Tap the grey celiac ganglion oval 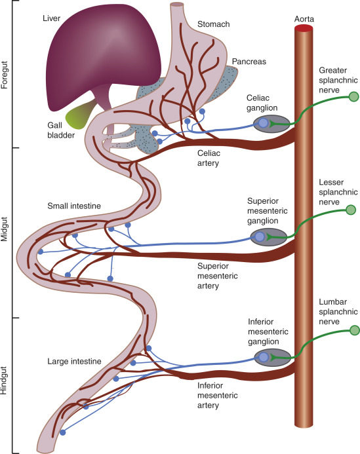[271, 123]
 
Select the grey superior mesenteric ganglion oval [271, 236]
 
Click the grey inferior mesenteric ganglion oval [272, 357]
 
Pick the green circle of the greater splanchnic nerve [354, 97]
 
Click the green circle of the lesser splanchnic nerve [351, 210]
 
